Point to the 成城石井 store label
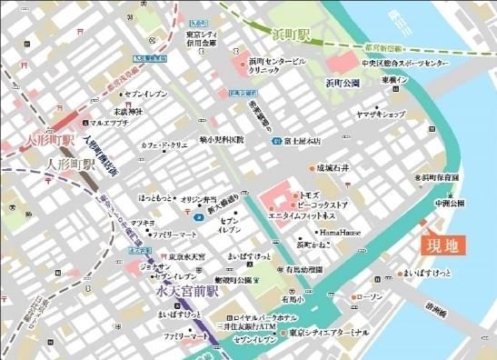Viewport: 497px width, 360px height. [333, 168]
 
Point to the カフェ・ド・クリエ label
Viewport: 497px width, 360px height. [164, 144]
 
